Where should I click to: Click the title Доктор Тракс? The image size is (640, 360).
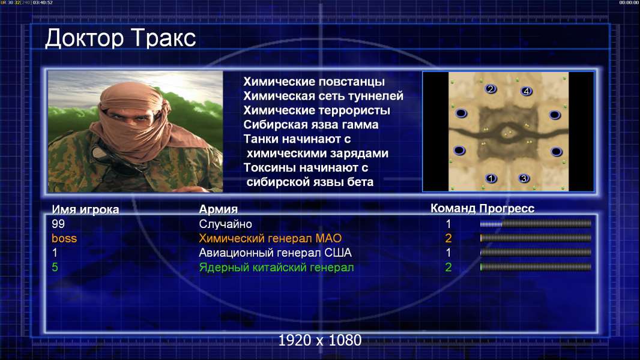point(121,38)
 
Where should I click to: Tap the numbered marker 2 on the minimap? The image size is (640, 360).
point(491,89)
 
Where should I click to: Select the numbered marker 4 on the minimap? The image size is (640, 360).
point(527,91)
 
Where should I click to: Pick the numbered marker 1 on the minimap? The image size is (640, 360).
point(492,178)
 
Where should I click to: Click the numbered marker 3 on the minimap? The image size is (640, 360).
point(524,178)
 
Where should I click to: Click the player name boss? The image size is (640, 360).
point(64,239)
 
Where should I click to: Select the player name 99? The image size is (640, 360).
point(58,224)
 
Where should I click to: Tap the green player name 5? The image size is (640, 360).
point(55,268)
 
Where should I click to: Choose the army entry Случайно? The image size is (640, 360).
point(225,224)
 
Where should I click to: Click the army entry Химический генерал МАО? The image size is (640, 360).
point(270,239)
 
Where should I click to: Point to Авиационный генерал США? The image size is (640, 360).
point(275,253)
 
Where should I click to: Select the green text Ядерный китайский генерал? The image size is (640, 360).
point(276,268)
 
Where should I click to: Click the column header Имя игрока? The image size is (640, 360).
point(85,209)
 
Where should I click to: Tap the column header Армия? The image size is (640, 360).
point(219,209)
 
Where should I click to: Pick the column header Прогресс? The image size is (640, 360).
point(507,209)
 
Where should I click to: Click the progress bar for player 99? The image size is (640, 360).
point(536,223)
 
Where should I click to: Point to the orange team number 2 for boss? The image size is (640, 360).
point(448,238)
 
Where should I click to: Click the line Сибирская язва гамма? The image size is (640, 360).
point(311,125)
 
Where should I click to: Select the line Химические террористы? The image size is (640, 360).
point(317,110)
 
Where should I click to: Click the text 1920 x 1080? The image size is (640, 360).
point(320,340)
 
